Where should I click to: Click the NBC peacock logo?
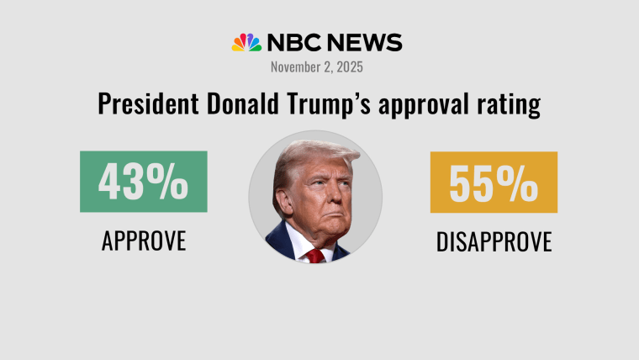tap(246, 43)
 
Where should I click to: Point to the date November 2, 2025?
tap(318, 66)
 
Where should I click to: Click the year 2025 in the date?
tap(350, 66)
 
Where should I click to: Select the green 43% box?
tap(143, 182)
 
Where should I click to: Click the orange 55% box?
tap(494, 182)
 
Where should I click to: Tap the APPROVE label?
tap(143, 241)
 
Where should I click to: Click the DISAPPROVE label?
tap(494, 242)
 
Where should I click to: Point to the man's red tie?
tap(315, 255)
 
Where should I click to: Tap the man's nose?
tap(320, 199)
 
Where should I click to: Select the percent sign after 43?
tap(172, 183)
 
